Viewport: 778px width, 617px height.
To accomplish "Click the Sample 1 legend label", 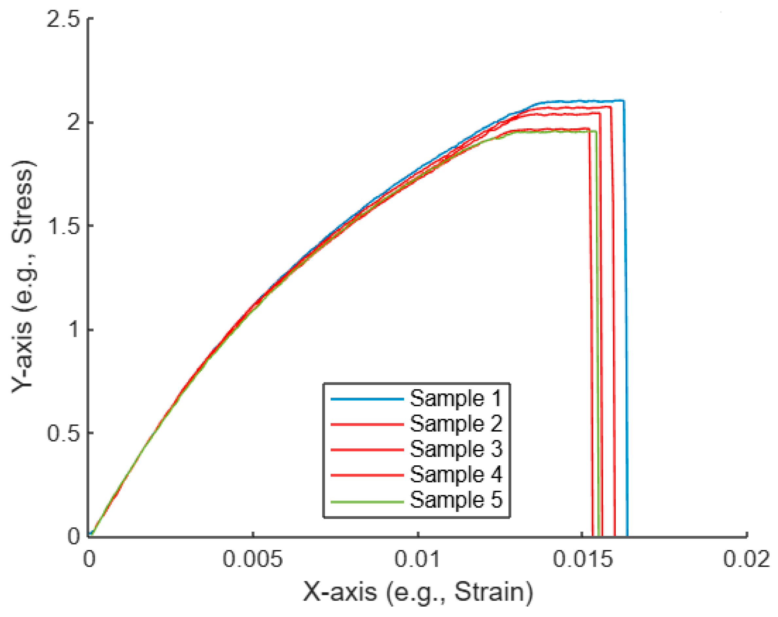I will point(456,399).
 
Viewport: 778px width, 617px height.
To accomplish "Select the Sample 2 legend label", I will point(456,424).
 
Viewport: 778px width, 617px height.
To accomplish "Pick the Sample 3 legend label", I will point(456,449).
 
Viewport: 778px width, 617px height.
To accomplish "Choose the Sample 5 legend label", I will point(456,500).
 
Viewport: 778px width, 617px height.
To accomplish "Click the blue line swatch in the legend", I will point(367,399).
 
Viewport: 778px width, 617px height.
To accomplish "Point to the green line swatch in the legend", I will point(367,502).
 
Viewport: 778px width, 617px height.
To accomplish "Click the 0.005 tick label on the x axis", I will point(253,560).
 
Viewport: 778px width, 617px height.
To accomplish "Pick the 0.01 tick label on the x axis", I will point(417,560).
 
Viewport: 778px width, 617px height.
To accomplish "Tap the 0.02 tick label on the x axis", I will point(746,560).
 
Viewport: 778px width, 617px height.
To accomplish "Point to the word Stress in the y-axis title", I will point(22,202).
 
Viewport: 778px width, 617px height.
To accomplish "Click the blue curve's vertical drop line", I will point(626,325).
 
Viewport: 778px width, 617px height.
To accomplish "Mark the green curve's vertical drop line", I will point(597,325).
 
